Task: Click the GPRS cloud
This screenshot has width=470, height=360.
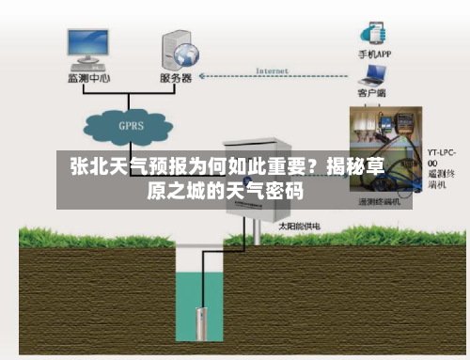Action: point(130,125)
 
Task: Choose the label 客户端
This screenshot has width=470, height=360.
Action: point(374,94)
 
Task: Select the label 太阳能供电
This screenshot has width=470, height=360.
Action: point(298,227)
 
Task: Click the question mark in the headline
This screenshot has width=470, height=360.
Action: point(305,169)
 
